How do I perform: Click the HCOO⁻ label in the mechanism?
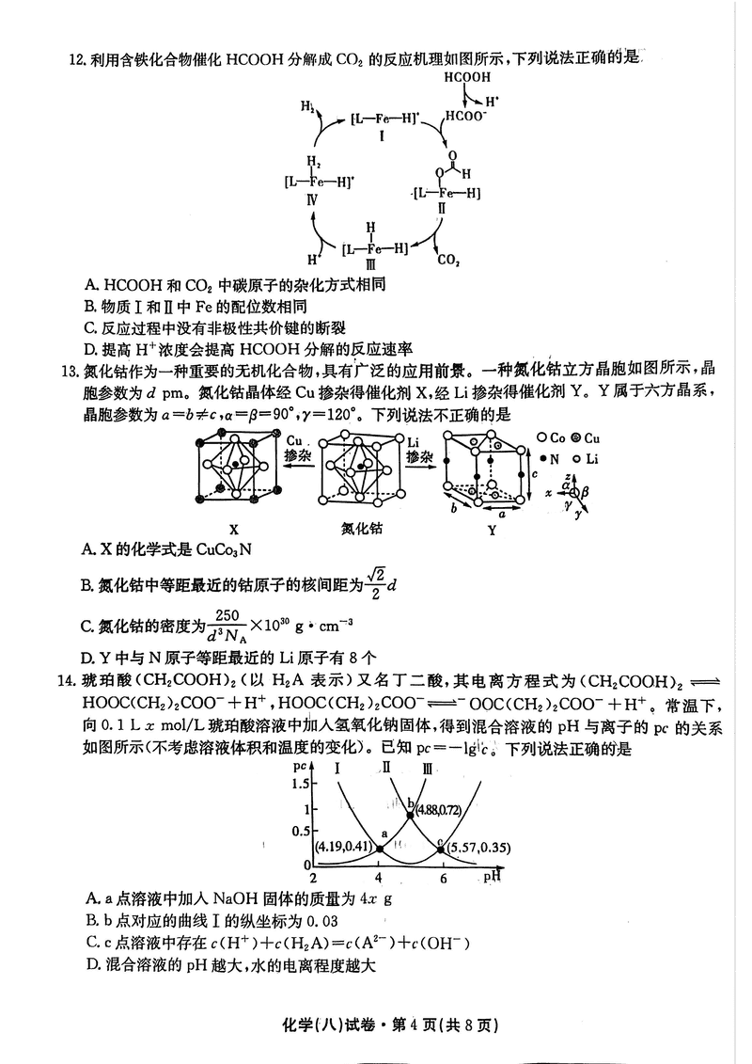click(466, 117)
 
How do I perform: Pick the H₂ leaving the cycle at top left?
click(307, 108)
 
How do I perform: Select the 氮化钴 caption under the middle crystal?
click(362, 530)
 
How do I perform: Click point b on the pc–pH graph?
click(410, 813)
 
